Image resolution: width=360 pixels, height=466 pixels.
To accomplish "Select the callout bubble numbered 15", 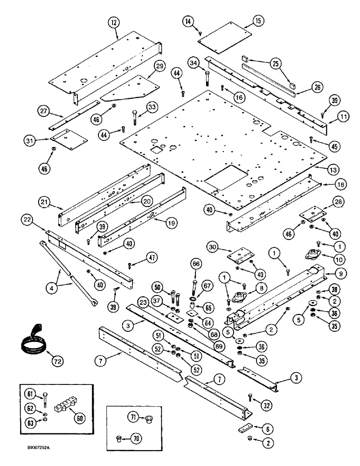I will [259, 20].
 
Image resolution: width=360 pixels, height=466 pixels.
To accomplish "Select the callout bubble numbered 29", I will [160, 67].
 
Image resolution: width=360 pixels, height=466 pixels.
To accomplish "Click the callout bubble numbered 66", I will [194, 264].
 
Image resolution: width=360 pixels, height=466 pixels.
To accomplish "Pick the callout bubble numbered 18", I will [328, 185].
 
